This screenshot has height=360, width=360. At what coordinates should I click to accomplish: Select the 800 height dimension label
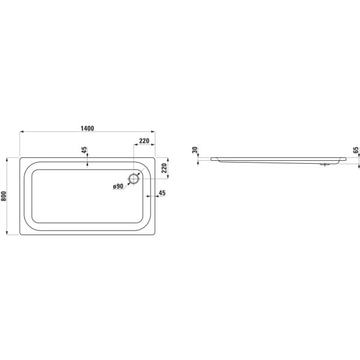pos(5,196)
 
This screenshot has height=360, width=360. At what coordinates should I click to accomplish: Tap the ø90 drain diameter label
pos(118,187)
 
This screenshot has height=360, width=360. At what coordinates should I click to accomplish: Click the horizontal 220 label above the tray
pos(144,140)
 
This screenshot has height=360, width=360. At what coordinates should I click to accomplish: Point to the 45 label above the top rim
pos(84,149)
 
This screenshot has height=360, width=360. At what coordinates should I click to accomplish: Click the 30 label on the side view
pos(194,151)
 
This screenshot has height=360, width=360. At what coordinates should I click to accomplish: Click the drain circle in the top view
pos(133,178)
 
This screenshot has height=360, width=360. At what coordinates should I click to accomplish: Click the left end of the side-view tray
pos(211,159)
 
